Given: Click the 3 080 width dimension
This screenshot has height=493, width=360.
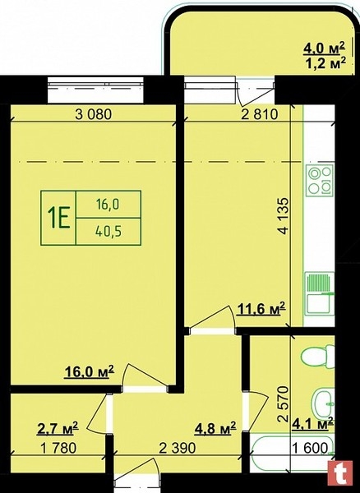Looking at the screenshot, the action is (94, 114).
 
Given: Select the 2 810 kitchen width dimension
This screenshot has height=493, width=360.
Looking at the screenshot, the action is (260, 114).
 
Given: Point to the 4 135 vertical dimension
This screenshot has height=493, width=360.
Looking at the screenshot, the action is (284, 215).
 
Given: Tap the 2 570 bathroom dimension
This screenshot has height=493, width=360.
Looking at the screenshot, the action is (284, 403).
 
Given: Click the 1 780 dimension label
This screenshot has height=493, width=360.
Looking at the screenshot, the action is (58, 448).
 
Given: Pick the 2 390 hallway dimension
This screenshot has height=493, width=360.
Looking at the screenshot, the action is (178, 448).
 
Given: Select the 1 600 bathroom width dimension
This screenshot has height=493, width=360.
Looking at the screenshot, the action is (311, 448).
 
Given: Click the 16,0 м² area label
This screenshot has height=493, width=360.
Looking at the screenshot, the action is (90, 372).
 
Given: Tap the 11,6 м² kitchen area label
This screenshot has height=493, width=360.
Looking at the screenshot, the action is (261, 309).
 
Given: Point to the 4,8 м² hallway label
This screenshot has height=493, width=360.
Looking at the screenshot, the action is (215, 428).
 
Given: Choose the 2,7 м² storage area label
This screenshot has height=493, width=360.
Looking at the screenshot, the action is (58, 428).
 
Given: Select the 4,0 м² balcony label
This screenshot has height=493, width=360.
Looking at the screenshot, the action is (324, 48).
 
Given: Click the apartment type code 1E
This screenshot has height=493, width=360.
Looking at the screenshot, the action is (58, 218).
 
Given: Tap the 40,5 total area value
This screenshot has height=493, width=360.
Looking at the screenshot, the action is (108, 232).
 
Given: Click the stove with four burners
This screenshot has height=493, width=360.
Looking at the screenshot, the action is (321, 181).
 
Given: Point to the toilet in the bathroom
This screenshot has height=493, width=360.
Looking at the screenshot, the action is (318, 357).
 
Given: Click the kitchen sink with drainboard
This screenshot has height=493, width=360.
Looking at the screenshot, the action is (320, 293).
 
